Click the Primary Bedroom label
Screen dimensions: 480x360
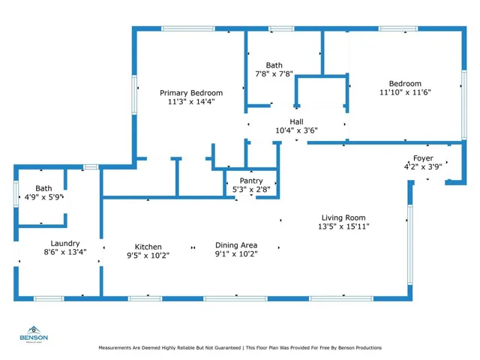point(191,93)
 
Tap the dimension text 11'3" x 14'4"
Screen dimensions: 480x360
point(191,102)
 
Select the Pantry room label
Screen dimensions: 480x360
point(251,181)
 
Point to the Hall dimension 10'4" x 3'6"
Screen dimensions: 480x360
point(296,130)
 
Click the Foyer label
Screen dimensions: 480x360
point(423,158)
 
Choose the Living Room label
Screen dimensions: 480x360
point(343,217)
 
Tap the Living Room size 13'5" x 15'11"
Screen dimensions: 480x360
point(343,226)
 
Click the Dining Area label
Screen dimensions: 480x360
point(236,245)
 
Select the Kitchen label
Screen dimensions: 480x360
point(148,247)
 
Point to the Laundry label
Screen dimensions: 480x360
point(65,243)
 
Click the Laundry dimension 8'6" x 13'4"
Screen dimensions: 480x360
point(65,252)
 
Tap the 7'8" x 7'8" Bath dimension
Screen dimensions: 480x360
point(274,74)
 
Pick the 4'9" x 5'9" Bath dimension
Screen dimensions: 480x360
point(43,197)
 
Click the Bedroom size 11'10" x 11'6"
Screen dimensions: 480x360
point(405,92)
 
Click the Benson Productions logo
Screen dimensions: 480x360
point(34,334)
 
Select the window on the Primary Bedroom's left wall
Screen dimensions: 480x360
point(134,95)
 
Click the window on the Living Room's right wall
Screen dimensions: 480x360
point(410,245)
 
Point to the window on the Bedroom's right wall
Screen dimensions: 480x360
point(464,105)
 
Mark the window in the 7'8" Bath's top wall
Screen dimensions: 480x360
point(282,28)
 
